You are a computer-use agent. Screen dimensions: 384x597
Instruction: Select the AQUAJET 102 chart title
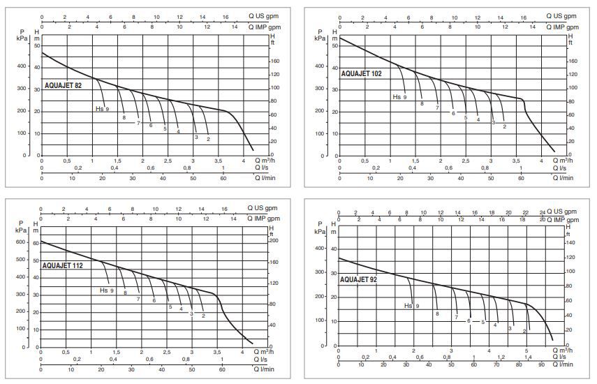point(362,73)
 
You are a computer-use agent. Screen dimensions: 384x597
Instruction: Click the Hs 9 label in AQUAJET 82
point(102,109)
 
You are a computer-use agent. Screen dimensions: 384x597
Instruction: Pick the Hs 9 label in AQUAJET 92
point(412,305)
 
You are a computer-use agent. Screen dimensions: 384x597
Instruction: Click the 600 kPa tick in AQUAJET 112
point(22,242)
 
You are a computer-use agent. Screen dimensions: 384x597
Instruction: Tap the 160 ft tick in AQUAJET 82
point(275,61)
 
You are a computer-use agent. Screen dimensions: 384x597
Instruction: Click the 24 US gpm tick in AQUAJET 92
point(543,212)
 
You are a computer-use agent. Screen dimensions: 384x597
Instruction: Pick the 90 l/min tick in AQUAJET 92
point(541,365)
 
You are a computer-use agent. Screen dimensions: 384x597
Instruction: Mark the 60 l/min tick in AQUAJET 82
point(223,178)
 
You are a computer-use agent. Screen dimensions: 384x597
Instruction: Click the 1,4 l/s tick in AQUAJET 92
point(529,357)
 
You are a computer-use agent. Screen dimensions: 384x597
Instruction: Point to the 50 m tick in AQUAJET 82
point(36,45)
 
